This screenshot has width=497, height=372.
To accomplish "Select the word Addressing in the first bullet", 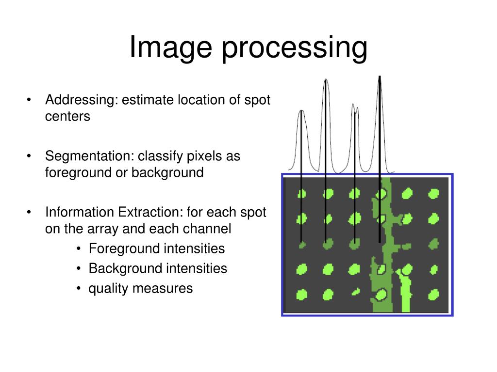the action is (x=81, y=101).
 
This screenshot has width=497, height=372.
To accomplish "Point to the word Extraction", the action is (x=143, y=213).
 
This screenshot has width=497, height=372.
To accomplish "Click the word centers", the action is (x=67, y=117).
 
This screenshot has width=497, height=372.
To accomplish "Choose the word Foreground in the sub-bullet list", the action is (x=124, y=249).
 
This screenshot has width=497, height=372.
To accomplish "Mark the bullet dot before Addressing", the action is (x=30, y=100).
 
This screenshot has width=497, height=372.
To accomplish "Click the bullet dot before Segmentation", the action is (x=30, y=156).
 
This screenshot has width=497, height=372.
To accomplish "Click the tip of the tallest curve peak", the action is (x=379, y=77).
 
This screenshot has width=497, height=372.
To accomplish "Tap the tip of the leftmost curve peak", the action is (x=302, y=111).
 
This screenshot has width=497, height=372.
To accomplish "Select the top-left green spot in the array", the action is (x=301, y=194).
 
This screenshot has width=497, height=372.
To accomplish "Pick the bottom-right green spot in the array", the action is (x=433, y=294).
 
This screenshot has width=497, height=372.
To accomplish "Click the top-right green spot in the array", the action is (x=433, y=194).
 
